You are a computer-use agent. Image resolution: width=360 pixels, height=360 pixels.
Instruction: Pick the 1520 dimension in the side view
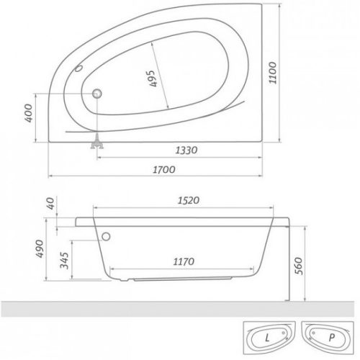point(187,201)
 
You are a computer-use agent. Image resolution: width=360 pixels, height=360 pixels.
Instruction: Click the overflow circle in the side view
point(107,235)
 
